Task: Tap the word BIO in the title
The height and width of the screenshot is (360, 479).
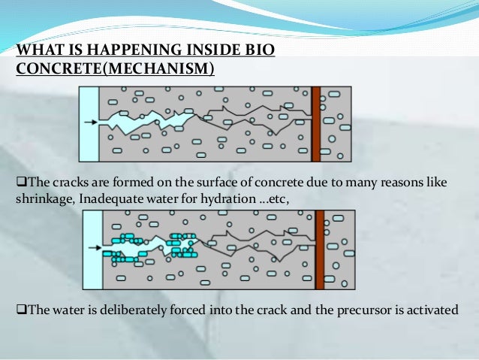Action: click(x=259, y=51)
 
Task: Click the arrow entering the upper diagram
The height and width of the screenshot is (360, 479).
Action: click(x=90, y=123)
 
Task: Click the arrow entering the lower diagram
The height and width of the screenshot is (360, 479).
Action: click(x=94, y=246)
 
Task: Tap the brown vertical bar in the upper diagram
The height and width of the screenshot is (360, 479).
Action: click(x=316, y=123)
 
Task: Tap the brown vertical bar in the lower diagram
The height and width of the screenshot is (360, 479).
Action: click(x=320, y=248)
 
